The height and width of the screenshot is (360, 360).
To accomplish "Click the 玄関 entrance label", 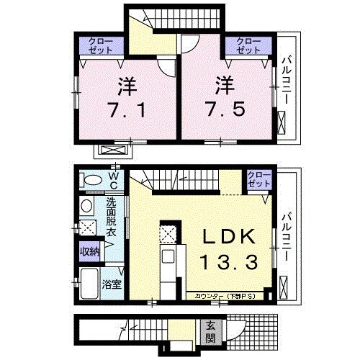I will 210,332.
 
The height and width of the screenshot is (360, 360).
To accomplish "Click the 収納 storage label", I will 89,252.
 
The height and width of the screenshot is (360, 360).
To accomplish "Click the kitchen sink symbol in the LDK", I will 168,258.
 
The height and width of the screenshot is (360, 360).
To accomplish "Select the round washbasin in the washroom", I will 86,207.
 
